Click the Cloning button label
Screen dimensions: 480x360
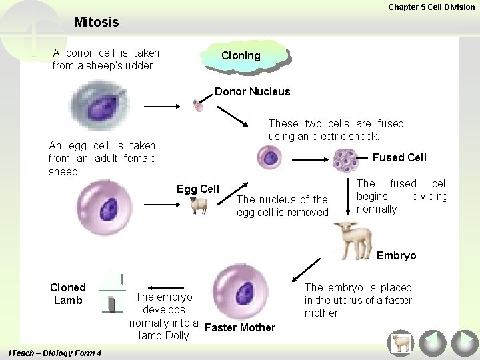[x=241, y=56]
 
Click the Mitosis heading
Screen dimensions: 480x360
[x=97, y=22]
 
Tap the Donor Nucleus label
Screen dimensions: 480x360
[x=252, y=92]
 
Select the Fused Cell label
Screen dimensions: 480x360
[x=399, y=157]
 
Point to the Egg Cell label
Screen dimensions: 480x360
[x=197, y=189]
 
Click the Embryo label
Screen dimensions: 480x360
[x=396, y=255]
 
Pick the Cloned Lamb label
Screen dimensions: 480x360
[x=68, y=294]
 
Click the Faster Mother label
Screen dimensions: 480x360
[x=240, y=327]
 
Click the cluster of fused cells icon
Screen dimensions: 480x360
[x=345, y=160]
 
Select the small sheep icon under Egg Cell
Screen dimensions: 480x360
[x=199, y=205]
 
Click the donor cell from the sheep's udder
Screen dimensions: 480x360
[x=100, y=106]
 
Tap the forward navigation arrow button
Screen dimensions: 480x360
[x=464, y=343]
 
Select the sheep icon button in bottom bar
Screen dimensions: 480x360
[x=401, y=343]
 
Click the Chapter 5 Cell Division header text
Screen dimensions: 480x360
[x=431, y=7]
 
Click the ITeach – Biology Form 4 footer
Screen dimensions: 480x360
[x=53, y=353]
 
